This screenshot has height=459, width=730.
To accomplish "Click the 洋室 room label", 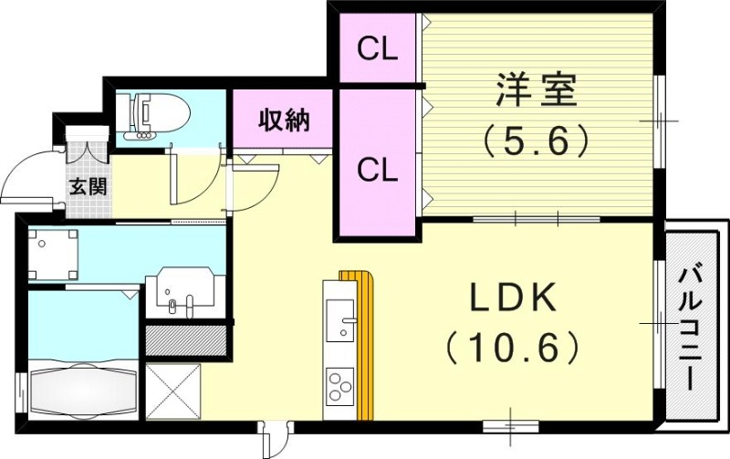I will click(x=537, y=94).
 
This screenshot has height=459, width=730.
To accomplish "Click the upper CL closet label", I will click(x=378, y=49).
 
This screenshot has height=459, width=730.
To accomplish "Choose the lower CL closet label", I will click(x=378, y=169).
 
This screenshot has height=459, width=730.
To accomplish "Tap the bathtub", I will click(x=82, y=390).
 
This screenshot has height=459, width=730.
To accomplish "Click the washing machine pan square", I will click(x=53, y=253).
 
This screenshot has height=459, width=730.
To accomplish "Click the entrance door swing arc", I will click(x=27, y=178).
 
